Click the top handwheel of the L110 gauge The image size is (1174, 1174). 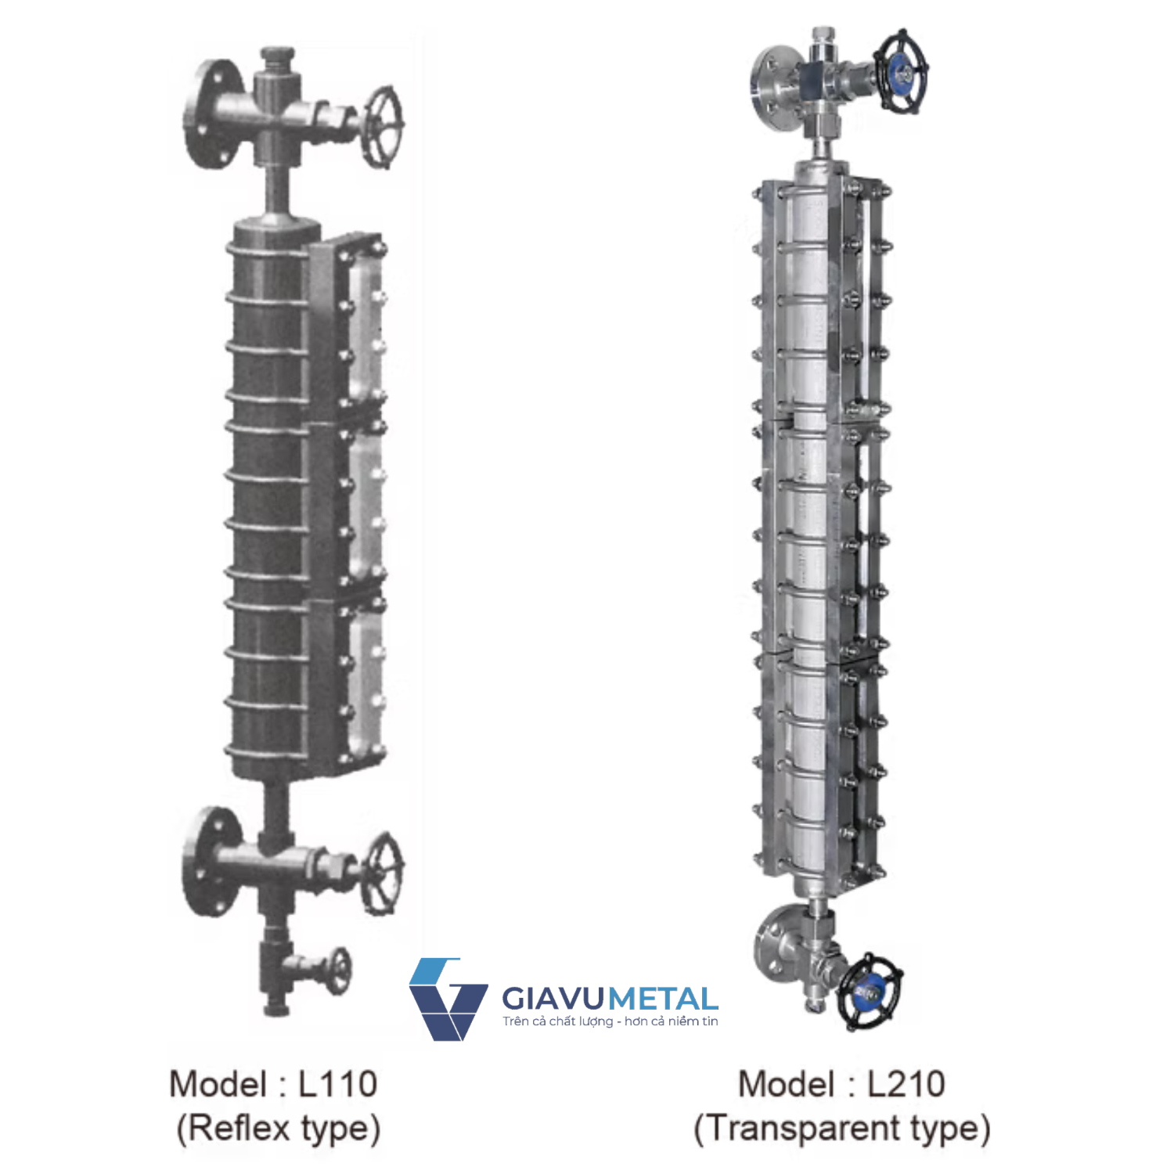384,128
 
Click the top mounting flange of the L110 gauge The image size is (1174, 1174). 207,114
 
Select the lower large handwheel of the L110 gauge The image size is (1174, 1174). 384,873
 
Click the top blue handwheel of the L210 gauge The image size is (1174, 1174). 901,73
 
